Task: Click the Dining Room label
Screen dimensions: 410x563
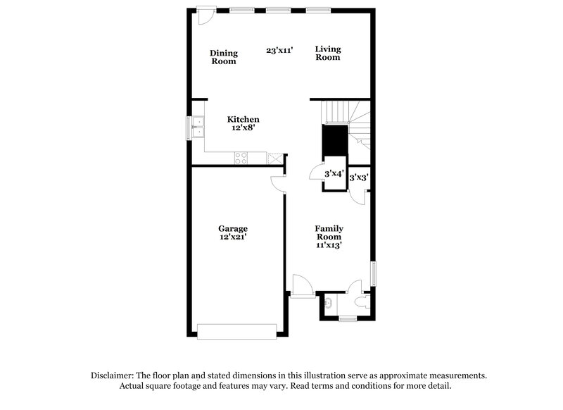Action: (x=224, y=57)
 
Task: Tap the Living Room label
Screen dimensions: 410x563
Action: (x=327, y=53)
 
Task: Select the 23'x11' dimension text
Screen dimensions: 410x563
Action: (x=279, y=50)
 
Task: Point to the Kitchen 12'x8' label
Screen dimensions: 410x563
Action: (x=243, y=124)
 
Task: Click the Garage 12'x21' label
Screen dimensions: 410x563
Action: (x=232, y=233)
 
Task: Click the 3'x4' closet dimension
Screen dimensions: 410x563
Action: (x=334, y=173)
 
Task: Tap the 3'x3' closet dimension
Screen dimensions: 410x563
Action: (x=359, y=179)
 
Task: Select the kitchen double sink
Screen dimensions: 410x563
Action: (x=198, y=127)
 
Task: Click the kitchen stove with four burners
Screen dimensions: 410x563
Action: (x=241, y=159)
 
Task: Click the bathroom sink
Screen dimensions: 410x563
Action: (x=329, y=304)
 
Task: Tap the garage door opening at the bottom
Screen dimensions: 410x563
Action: (x=237, y=330)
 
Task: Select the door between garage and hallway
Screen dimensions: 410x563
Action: (x=278, y=182)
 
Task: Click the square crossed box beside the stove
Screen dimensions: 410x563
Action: (x=274, y=159)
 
